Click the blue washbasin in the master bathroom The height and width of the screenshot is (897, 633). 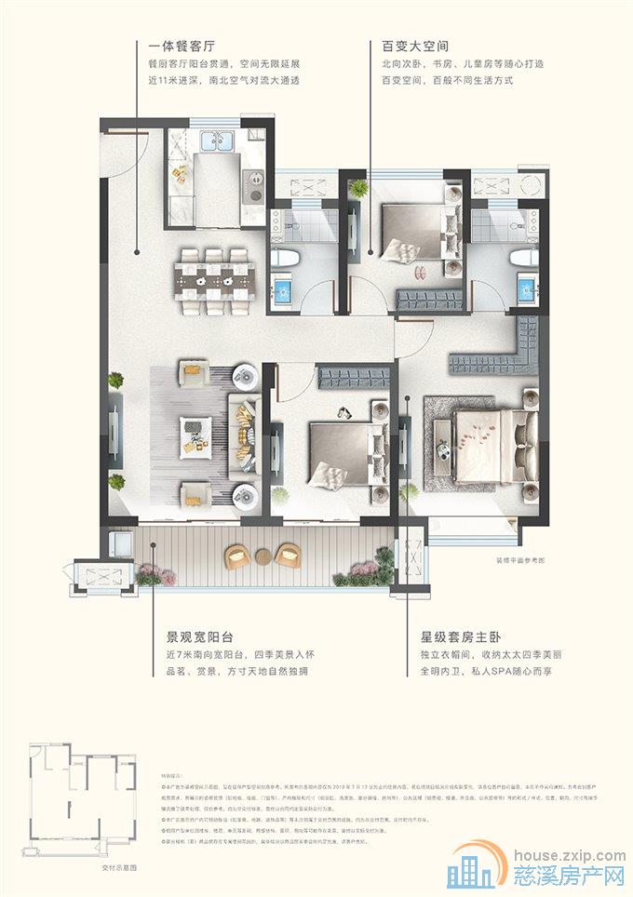click(527, 288)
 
